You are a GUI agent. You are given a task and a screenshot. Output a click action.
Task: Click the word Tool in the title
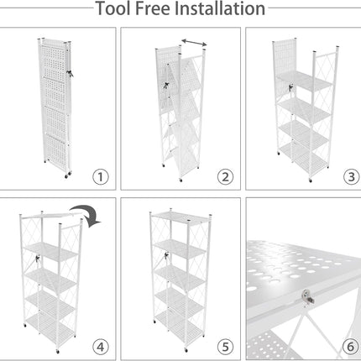[x=113, y=8]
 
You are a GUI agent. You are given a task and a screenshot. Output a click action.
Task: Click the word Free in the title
[x=153, y=8]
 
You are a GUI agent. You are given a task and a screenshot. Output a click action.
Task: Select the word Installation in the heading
[x=220, y=8]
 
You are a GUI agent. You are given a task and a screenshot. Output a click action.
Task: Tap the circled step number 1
[x=101, y=177]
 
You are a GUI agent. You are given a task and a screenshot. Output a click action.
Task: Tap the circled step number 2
[x=225, y=177]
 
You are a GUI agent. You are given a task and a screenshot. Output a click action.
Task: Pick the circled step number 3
[x=351, y=177]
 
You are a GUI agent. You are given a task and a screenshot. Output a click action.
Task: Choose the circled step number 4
[x=101, y=348]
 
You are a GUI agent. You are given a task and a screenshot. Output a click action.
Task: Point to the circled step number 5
[x=225, y=348]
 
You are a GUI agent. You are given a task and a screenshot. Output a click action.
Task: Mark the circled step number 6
[x=350, y=348]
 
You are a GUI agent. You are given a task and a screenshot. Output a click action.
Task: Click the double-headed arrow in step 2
[x=194, y=43]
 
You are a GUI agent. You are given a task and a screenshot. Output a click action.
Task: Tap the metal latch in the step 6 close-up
[x=307, y=296]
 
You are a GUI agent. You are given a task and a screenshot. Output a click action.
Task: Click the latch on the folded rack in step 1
[x=70, y=73]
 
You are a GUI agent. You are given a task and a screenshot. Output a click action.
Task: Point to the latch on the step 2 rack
[x=166, y=86]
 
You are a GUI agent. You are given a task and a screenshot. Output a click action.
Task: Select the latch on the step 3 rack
[x=291, y=87]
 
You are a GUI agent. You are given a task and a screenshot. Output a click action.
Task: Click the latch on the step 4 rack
[x=37, y=259]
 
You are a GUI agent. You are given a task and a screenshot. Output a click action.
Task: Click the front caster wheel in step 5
[x=186, y=350]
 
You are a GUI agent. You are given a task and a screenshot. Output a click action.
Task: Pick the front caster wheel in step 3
[x=311, y=180]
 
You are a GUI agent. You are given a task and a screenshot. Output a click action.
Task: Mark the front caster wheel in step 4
[x=58, y=351]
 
